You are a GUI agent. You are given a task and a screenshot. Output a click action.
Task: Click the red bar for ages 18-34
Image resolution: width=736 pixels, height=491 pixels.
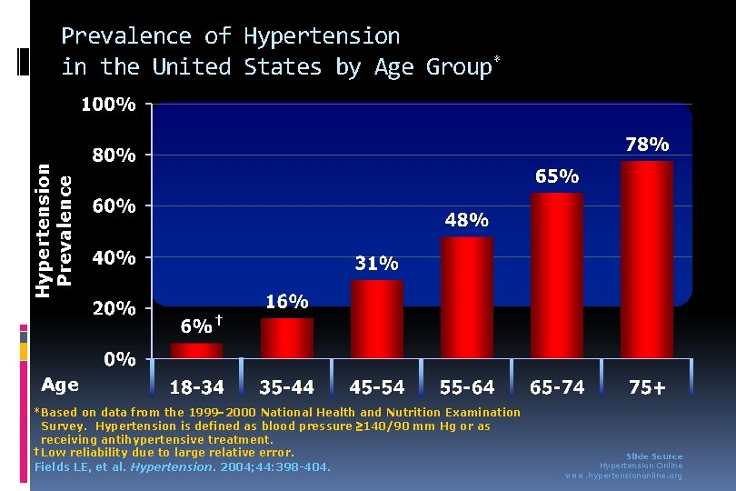pyautogui.click(x=196, y=350)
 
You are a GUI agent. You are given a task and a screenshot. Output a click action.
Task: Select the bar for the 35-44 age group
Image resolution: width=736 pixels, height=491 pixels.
pyautogui.click(x=286, y=337)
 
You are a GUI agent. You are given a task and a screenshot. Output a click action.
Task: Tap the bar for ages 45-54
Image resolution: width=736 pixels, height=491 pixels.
pyautogui.click(x=376, y=318)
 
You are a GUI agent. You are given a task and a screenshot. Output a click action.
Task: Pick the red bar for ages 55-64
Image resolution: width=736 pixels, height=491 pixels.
pyautogui.click(x=466, y=296)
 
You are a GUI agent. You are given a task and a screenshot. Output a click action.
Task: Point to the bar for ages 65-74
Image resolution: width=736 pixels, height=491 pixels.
pyautogui.click(x=556, y=275)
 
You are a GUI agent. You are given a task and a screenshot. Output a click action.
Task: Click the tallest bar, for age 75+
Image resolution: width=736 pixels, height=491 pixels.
pyautogui.click(x=646, y=259)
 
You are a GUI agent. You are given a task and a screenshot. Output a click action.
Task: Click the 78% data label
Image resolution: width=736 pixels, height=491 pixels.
pyautogui.click(x=647, y=145)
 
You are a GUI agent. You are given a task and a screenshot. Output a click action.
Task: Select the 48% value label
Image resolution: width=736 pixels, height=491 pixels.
pyautogui.click(x=466, y=220)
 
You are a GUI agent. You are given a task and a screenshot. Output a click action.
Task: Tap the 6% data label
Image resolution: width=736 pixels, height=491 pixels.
pyautogui.click(x=197, y=326)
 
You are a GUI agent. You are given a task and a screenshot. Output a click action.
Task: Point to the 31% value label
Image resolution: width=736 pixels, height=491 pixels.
pyautogui.click(x=376, y=264)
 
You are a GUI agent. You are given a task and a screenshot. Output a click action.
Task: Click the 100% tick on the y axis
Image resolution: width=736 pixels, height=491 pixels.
pyautogui.click(x=109, y=105)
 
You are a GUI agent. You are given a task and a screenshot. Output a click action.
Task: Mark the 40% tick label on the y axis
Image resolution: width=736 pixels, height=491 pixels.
pyautogui.click(x=114, y=257)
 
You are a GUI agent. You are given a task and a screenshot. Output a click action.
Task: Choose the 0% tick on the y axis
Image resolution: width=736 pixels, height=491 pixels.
pyautogui.click(x=119, y=359)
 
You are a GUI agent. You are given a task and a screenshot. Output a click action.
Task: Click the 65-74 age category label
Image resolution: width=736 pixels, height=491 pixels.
pyautogui.click(x=557, y=387)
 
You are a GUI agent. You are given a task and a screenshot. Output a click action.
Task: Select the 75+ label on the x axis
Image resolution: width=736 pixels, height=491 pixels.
pyautogui.click(x=647, y=387)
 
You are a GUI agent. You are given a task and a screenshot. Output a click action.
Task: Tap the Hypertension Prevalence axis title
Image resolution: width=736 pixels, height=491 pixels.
pyautogui.click(x=53, y=223)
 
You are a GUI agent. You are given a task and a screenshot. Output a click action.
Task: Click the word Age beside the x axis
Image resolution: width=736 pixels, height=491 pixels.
pyautogui.click(x=60, y=386)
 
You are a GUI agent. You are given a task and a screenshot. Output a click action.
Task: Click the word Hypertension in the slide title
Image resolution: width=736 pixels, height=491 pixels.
pyautogui.click(x=322, y=36)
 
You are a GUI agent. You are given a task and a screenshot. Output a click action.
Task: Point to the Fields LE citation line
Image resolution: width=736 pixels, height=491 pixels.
pyautogui.click(x=182, y=467)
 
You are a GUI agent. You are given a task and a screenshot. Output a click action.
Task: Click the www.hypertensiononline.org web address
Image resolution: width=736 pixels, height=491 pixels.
pyautogui.click(x=623, y=476)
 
